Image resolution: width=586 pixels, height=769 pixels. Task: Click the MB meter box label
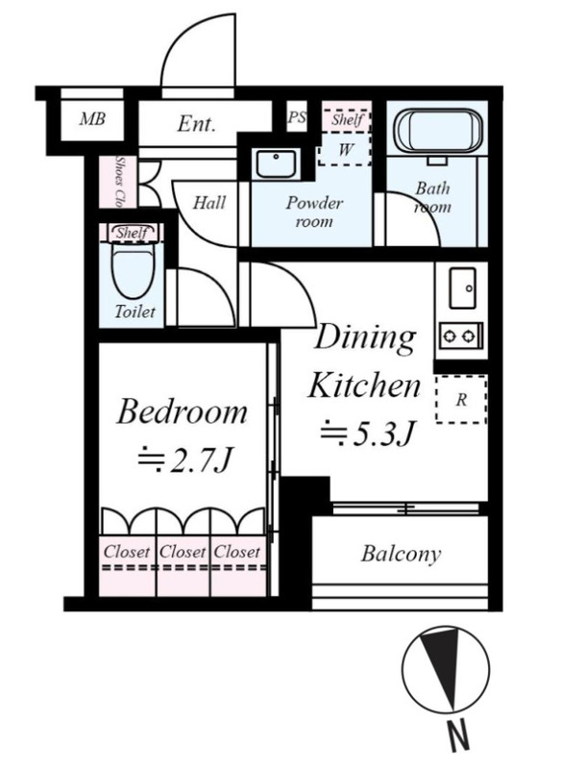[92, 118]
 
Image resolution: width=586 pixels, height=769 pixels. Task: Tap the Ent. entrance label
[196, 123]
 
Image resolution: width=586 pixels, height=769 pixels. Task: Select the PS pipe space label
[297, 117]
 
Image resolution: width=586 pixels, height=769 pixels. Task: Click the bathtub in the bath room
[440, 132]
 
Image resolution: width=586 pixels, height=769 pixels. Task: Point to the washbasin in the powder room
[277, 163]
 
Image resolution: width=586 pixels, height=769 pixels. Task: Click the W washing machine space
[345, 149]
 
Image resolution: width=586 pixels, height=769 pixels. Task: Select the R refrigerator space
[460, 399]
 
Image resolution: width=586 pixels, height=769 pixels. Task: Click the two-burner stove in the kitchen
[460, 335]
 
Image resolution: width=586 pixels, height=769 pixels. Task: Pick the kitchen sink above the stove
[462, 288]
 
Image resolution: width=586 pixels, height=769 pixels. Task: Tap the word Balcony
[401, 555]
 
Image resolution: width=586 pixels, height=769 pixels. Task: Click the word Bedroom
[182, 411]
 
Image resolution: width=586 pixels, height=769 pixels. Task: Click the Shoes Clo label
[119, 182]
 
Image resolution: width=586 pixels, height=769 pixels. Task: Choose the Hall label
[209, 203]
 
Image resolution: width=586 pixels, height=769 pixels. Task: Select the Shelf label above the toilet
[132, 233]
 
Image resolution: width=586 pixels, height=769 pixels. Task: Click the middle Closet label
[183, 552]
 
